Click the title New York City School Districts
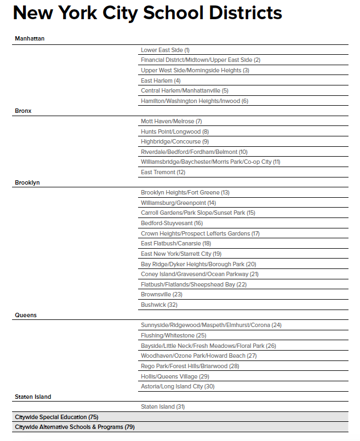click(147, 13)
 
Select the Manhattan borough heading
click(30, 39)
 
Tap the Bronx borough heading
click(23, 111)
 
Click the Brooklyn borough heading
click(27, 182)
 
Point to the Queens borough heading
click(26, 315)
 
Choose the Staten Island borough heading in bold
click(33, 396)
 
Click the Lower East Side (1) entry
click(165, 50)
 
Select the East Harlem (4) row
click(161, 81)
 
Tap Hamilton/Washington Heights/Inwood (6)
click(195, 101)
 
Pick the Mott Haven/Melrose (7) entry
click(172, 121)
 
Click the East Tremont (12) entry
click(163, 172)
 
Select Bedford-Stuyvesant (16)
click(172, 223)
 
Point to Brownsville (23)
click(162, 294)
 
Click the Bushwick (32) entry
click(159, 305)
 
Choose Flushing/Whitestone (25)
click(173, 335)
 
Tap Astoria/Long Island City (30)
click(178, 386)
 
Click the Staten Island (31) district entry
click(163, 406)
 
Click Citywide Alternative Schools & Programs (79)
click(75, 427)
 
